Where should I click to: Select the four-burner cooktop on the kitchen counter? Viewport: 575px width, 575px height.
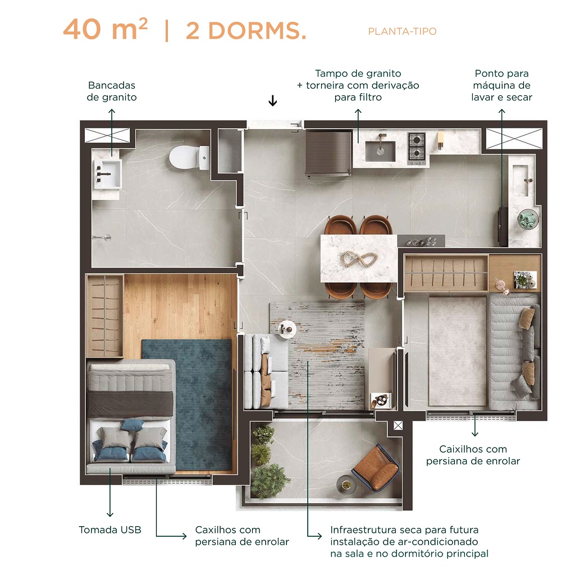click(417, 146)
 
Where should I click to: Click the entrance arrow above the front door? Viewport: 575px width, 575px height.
click(273, 101)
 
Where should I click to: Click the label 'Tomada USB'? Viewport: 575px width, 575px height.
click(110, 530)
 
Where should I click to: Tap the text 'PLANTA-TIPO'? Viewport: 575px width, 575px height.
click(402, 31)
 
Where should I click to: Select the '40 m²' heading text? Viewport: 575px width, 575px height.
click(105, 30)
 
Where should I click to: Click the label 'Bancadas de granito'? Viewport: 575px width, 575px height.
click(112, 91)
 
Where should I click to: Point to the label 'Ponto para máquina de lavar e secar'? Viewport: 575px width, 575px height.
click(501, 85)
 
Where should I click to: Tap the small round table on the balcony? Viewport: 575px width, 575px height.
click(344, 483)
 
